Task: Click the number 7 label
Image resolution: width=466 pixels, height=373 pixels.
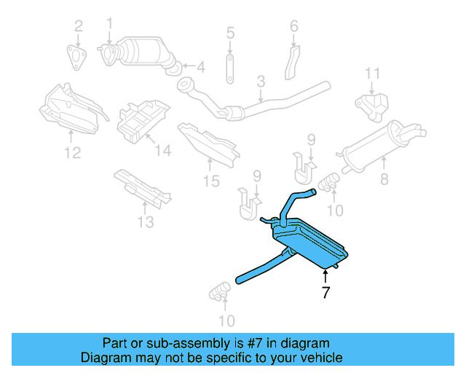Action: pyautogui.click(x=325, y=293)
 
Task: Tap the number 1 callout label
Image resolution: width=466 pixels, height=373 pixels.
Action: pyautogui.click(x=110, y=23)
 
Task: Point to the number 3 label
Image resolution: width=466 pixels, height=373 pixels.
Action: pyautogui.click(x=260, y=95)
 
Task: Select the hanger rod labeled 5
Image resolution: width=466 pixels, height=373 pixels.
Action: pyautogui.click(x=230, y=66)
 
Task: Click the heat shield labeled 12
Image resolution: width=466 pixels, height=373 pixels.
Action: pyautogui.click(x=69, y=109)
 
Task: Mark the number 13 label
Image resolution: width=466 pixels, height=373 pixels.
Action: pyautogui.click(x=146, y=221)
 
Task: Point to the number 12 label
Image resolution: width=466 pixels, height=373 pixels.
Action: pyautogui.click(x=71, y=152)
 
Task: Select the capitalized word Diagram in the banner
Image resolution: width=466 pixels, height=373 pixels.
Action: pyautogui.click(x=103, y=358)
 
